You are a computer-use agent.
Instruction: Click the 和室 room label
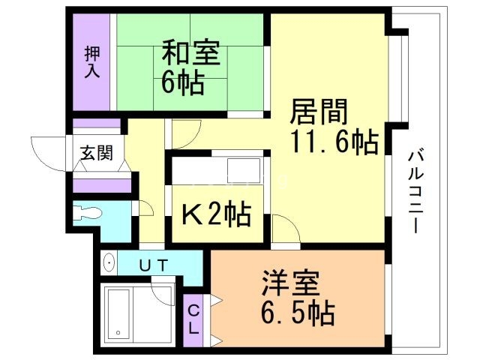[x=190, y=55]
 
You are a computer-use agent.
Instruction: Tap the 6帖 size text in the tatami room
[x=181, y=82]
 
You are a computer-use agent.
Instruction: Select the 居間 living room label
[x=319, y=112]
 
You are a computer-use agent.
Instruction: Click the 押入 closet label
[x=92, y=62]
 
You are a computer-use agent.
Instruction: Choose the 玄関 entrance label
[x=97, y=155]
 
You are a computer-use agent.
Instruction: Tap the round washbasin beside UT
[x=109, y=264]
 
